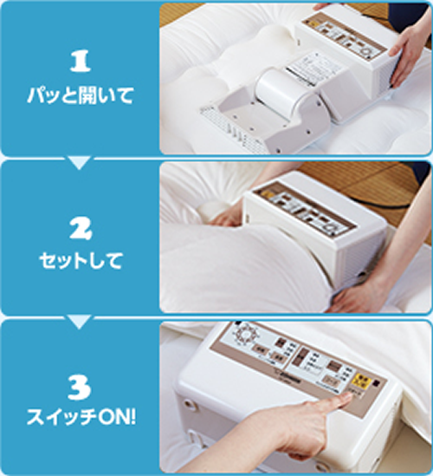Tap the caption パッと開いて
(x=79, y=94)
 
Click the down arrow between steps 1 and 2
(x=79, y=162)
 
